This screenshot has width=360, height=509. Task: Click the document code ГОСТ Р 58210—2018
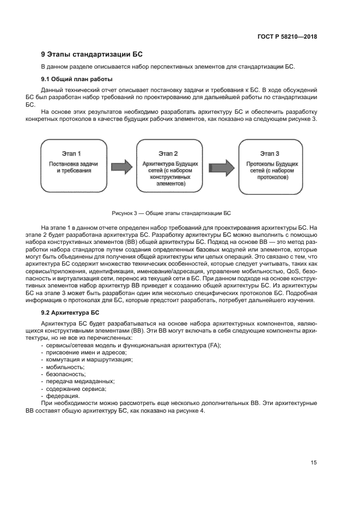point(287,37)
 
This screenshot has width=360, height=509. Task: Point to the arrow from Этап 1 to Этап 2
point(121,165)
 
